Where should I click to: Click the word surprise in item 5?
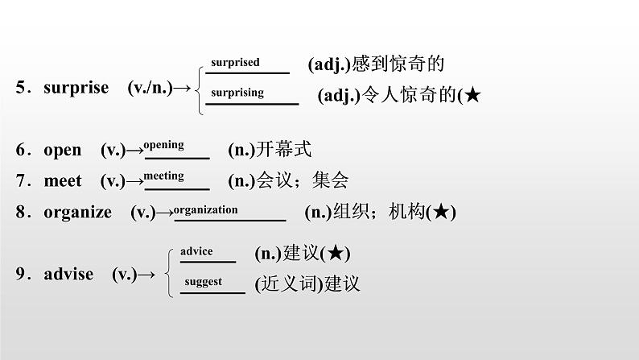click(76, 88)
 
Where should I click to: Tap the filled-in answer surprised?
click(235, 62)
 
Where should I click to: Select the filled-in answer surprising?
click(237, 93)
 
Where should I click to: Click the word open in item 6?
click(62, 150)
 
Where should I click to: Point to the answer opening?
click(163, 145)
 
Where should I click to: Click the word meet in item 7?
click(63, 181)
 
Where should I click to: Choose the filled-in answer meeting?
click(163, 176)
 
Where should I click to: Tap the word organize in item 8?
click(78, 212)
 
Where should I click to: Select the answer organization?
click(206, 209)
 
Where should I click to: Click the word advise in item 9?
click(68, 274)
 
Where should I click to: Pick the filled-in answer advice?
click(196, 251)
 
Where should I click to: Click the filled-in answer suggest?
click(203, 282)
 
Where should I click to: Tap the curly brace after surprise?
click(199, 87)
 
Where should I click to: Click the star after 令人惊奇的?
click(473, 96)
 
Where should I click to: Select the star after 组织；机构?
click(441, 213)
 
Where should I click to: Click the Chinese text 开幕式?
click(283, 150)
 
